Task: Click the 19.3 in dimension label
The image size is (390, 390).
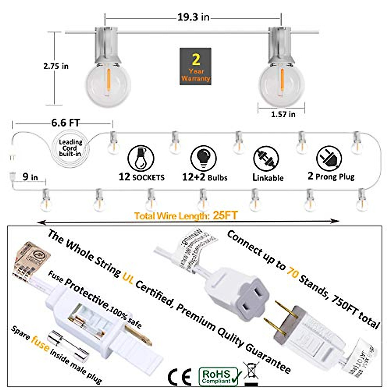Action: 193,17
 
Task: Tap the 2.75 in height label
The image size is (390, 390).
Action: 56,66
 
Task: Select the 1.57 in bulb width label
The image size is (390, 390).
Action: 283,114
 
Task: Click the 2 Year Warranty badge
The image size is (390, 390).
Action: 195,67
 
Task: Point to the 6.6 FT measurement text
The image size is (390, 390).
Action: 65,123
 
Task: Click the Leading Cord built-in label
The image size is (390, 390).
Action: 70,148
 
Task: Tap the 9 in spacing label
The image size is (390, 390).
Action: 30,177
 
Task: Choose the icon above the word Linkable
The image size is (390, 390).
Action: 266,159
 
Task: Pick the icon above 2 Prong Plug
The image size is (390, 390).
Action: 329,158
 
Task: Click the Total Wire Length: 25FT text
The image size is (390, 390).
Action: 186,215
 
